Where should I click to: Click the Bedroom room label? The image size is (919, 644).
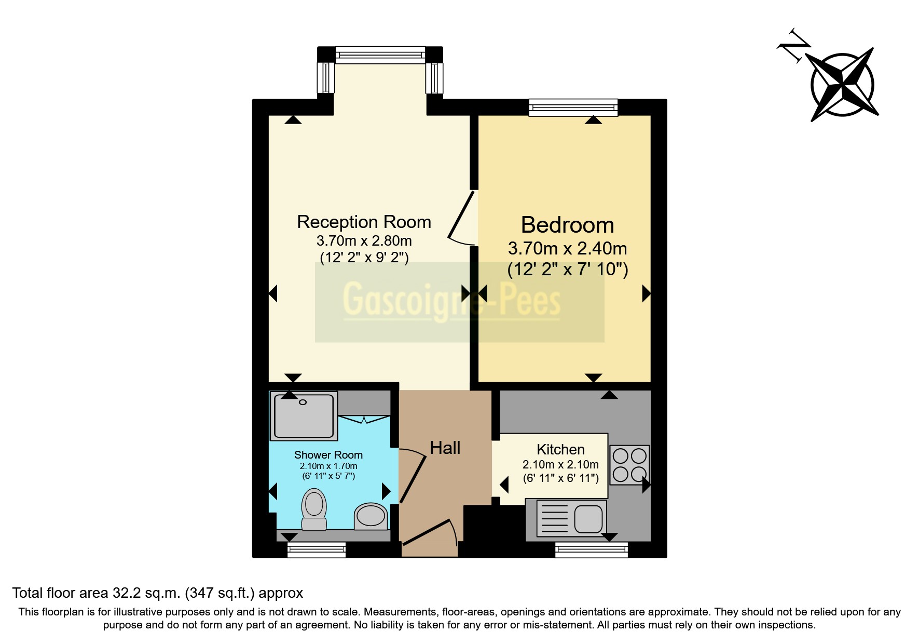(567, 225)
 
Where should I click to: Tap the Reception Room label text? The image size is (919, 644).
(364, 222)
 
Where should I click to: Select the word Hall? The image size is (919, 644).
(445, 448)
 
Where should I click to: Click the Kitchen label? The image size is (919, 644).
(560, 449)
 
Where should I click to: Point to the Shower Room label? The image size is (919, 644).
(328, 455)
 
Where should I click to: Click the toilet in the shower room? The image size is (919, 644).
(314, 509)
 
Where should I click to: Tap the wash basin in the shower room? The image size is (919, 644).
(371, 516)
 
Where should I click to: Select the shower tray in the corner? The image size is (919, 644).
(304, 415)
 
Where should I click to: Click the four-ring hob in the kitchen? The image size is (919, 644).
(629, 464)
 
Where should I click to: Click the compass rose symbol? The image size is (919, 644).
(843, 85)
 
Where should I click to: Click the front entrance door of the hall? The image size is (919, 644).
(430, 532)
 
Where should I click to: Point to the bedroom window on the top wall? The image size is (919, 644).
(573, 108)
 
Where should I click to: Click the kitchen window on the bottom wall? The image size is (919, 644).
(591, 549)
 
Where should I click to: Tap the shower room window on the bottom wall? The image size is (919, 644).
(317, 549)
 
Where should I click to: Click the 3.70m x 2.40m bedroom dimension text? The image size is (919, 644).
(567, 249)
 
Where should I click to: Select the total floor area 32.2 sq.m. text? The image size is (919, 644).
(157, 593)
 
